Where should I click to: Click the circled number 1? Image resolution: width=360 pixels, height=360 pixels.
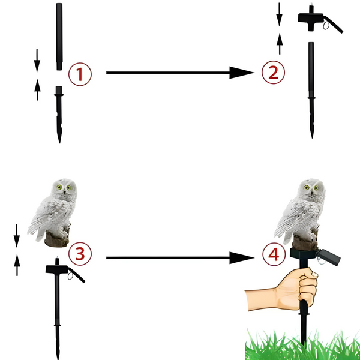pyautogui.click(x=80, y=74)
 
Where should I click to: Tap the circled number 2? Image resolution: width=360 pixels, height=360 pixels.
pyautogui.click(x=273, y=73)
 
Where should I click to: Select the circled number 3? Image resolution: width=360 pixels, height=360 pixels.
pyautogui.click(x=80, y=254)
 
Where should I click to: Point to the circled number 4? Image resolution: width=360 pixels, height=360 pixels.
pyautogui.click(x=274, y=254)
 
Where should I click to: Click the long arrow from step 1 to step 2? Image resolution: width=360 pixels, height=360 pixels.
pyautogui.click(x=180, y=73)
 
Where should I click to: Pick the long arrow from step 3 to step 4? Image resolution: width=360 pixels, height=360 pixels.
pyautogui.click(x=180, y=258)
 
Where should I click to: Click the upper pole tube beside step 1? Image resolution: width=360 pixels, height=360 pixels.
pyautogui.click(x=59, y=37)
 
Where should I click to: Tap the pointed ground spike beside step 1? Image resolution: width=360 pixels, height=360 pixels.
pyautogui.click(x=59, y=115)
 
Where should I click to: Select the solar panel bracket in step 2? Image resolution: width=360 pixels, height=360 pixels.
pyautogui.click(x=320, y=19)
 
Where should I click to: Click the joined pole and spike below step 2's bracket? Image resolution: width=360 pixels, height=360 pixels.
pyautogui.click(x=311, y=90)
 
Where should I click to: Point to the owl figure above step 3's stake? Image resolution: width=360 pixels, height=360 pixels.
pyautogui.click(x=53, y=212)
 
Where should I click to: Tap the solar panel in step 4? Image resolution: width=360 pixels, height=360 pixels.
pyautogui.click(x=329, y=257)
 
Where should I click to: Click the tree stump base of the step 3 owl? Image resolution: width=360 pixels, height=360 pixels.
pyautogui.click(x=57, y=239)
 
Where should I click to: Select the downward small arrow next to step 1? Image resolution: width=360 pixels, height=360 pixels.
pyautogui.click(x=37, y=61)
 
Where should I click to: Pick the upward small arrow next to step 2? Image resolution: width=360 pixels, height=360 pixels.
pyautogui.click(x=280, y=44)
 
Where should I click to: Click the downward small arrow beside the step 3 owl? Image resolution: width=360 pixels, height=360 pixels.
pyautogui.click(x=17, y=236)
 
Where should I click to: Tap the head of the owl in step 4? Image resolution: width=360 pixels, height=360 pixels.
pyautogui.click(x=311, y=189)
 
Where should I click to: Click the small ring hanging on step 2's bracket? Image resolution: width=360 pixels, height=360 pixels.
pyautogui.click(x=326, y=25)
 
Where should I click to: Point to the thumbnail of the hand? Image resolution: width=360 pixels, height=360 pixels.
pyautogui.click(x=314, y=275)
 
